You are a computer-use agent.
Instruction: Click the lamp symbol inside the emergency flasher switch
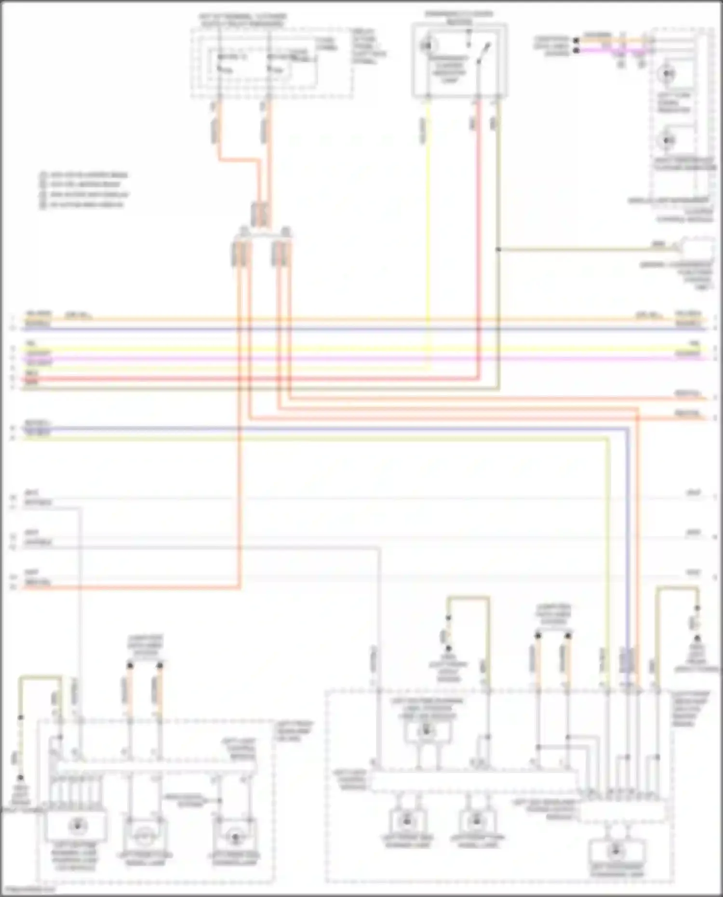(426, 46)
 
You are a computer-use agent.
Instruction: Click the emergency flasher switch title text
(458, 17)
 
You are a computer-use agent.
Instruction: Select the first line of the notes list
(84, 174)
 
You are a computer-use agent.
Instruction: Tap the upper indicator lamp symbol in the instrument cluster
(668, 74)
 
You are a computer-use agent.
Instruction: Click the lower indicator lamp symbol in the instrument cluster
(668, 140)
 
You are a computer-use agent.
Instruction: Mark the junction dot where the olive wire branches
(498, 249)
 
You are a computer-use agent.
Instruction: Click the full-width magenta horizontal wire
(361, 359)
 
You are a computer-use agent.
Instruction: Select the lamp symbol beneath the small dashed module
(616, 850)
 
